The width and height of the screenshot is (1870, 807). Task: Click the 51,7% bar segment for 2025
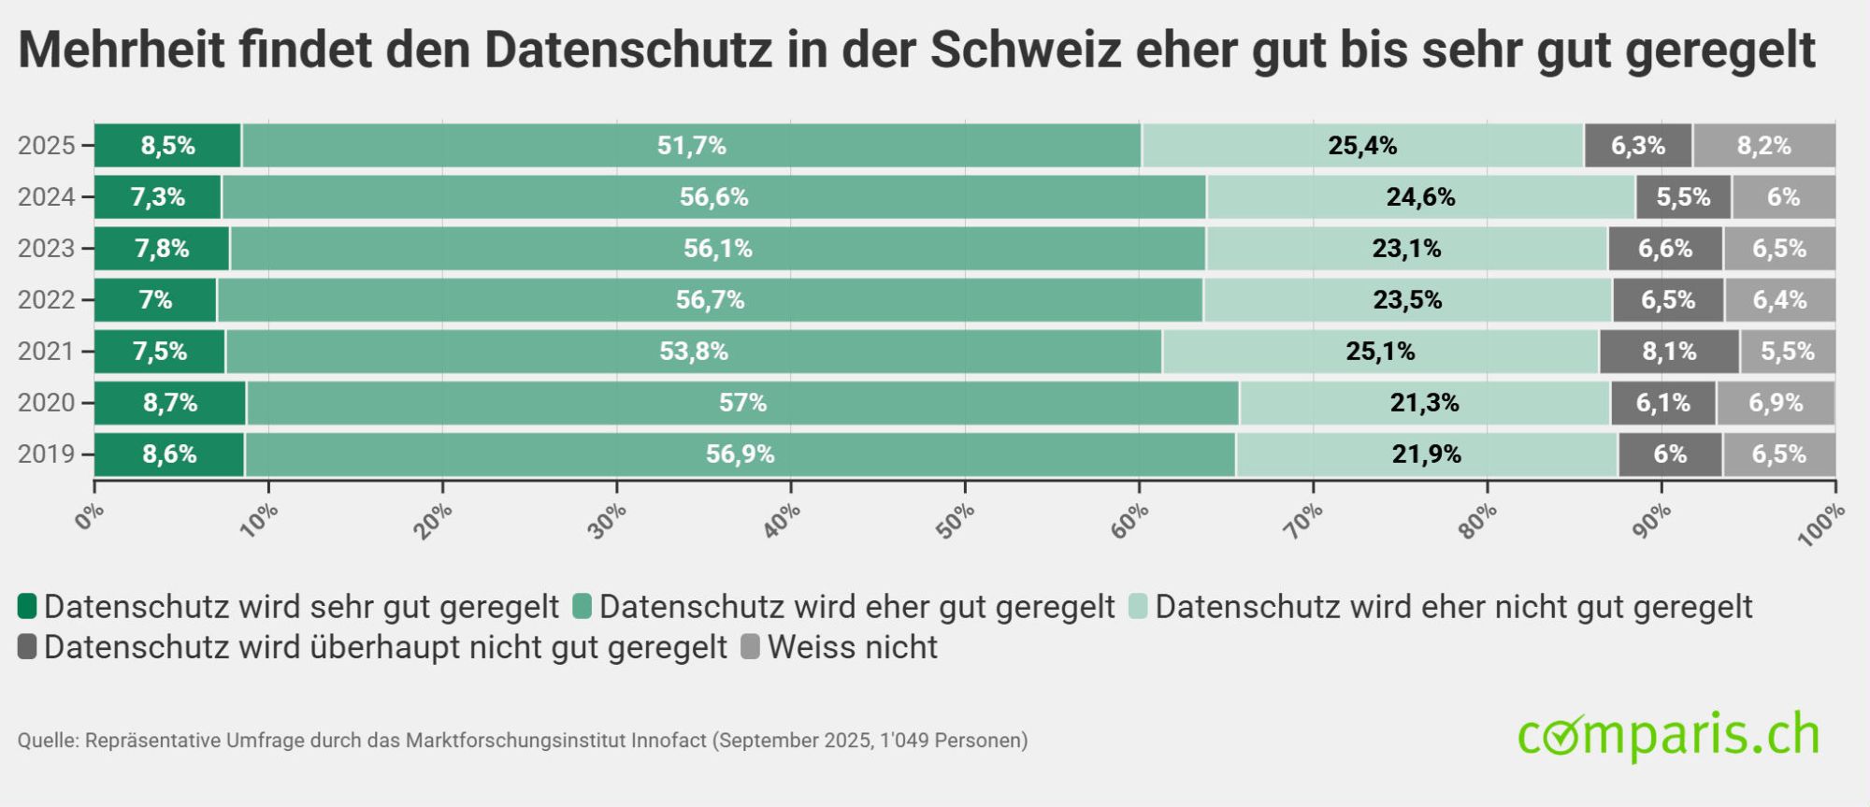(691, 146)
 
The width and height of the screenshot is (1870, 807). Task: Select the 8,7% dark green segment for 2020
(169, 403)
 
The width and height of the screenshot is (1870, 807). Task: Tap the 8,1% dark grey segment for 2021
(1669, 352)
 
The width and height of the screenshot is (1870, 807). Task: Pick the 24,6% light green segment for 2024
(1420, 197)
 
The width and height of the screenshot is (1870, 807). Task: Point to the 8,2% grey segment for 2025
(1763, 146)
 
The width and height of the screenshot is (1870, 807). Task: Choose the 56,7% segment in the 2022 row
(710, 300)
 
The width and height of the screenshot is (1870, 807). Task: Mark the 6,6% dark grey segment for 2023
(1664, 249)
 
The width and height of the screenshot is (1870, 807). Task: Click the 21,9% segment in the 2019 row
(1426, 454)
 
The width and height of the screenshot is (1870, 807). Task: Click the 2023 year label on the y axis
(46, 249)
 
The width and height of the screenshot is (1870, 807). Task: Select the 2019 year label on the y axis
(46, 454)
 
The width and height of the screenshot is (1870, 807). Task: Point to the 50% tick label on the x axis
(955, 520)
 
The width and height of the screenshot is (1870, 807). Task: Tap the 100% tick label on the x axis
(1820, 523)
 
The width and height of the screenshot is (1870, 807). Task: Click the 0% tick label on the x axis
(90, 516)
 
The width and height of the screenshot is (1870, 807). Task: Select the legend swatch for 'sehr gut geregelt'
(27, 606)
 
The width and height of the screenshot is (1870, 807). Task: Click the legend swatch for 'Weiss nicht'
(750, 646)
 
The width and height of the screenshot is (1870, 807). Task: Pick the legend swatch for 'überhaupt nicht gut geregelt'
(27, 646)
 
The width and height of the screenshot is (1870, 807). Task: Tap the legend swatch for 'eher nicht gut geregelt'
(1138, 606)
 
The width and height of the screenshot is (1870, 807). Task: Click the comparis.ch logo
(1668, 735)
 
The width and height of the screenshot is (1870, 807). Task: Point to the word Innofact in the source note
(669, 741)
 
